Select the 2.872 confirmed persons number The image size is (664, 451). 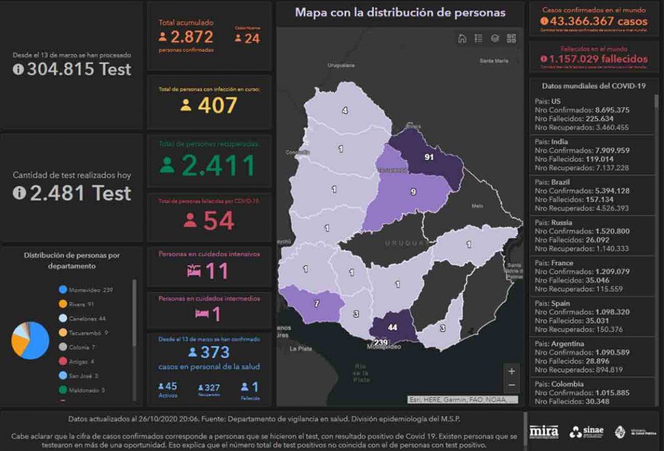point(191,37)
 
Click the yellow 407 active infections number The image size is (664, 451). point(217,105)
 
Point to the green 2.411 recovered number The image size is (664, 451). point(219,166)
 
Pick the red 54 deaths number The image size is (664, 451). point(219,221)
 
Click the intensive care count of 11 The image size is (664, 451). point(217,271)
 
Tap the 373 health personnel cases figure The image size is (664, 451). point(215,352)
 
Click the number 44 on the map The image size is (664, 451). point(393,327)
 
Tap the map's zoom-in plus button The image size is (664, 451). point(512,371)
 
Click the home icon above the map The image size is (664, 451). point(462,39)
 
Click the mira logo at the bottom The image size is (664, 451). point(544,432)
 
